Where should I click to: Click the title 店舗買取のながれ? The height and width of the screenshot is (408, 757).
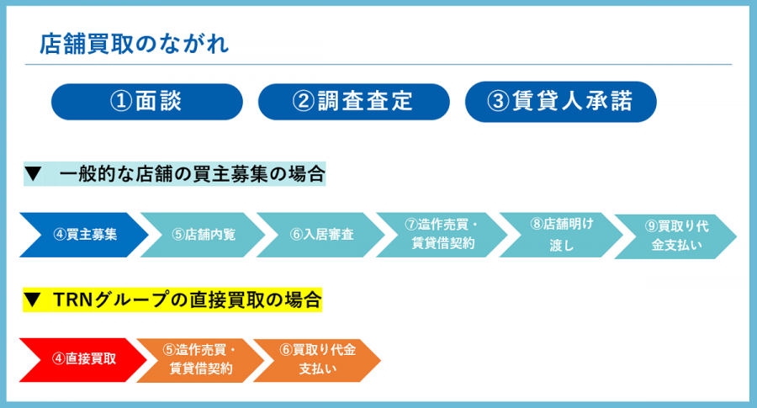pyautogui.click(x=135, y=44)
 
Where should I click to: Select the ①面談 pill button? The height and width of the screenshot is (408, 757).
pyautogui.click(x=146, y=102)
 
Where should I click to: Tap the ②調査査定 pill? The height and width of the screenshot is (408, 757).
pyautogui.click(x=354, y=102)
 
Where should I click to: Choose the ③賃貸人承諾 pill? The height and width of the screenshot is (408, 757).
pyautogui.click(x=560, y=102)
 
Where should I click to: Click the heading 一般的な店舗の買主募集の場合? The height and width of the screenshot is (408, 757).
pyautogui.click(x=192, y=174)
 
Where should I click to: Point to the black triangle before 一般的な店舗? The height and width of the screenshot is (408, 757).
pyautogui.click(x=34, y=173)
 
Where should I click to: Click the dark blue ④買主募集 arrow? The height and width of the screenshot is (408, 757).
pyautogui.click(x=83, y=235)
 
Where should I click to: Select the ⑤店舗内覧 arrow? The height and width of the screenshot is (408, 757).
pyautogui.click(x=203, y=235)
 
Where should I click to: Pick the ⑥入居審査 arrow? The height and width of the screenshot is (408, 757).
pyautogui.click(x=320, y=235)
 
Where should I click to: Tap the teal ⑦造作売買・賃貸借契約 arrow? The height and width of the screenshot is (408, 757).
pyautogui.click(x=442, y=235)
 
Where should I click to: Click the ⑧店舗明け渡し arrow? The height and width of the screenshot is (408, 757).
pyautogui.click(x=561, y=235)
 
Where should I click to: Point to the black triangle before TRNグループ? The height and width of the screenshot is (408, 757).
pyautogui.click(x=32, y=299)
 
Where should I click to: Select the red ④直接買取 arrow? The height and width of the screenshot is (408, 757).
pyautogui.click(x=83, y=360)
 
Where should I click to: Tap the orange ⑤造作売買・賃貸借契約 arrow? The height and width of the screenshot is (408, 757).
pyautogui.click(x=200, y=360)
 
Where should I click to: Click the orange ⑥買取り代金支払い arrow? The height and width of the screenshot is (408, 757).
pyautogui.click(x=317, y=360)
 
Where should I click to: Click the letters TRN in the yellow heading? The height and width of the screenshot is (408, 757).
pyautogui.click(x=72, y=299)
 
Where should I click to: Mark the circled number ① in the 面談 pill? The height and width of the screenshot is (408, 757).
pyautogui.click(x=121, y=102)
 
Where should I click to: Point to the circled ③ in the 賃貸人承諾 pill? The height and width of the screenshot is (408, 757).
pyautogui.click(x=498, y=102)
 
